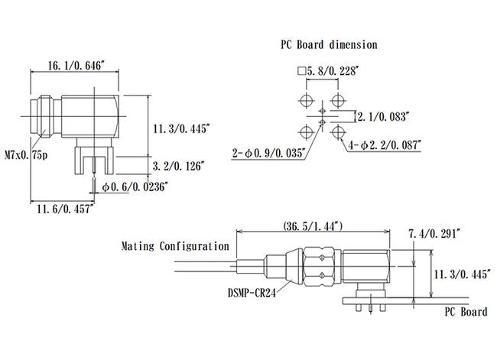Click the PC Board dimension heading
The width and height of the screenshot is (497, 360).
[328, 44]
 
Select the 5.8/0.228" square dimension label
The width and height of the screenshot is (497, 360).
[332, 70]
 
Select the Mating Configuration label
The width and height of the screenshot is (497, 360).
[175, 246]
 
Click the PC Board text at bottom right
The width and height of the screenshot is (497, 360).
[466, 312]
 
